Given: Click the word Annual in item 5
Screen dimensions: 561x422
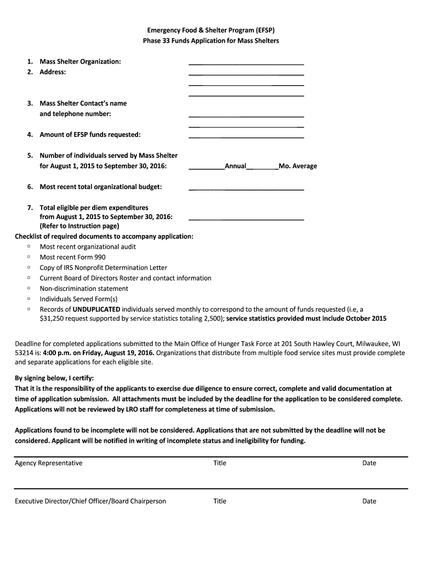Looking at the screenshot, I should click(x=235, y=166).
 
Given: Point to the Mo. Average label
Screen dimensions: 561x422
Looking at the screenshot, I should click(x=298, y=166).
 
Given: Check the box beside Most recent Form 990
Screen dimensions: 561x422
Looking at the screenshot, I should click(x=28, y=257).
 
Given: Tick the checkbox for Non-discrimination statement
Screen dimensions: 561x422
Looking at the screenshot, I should click(x=28, y=288).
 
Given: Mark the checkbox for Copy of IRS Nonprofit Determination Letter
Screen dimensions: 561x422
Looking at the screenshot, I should click(x=28, y=267).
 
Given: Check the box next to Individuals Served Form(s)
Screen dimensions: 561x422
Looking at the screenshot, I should click(x=28, y=299).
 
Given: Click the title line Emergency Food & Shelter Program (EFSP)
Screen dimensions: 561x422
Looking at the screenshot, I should click(x=211, y=30).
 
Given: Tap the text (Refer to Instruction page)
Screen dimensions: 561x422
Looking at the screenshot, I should click(x=79, y=226).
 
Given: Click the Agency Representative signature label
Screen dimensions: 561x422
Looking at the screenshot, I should click(x=49, y=463).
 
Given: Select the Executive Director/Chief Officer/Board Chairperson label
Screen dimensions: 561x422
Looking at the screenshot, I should click(x=90, y=501).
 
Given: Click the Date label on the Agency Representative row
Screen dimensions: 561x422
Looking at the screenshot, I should click(x=369, y=463).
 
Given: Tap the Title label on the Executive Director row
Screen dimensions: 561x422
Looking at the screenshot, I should click(x=220, y=501).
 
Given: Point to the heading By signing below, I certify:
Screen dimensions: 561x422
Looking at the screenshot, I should click(x=54, y=378).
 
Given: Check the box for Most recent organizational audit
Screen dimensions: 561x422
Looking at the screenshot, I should click(x=28, y=247).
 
